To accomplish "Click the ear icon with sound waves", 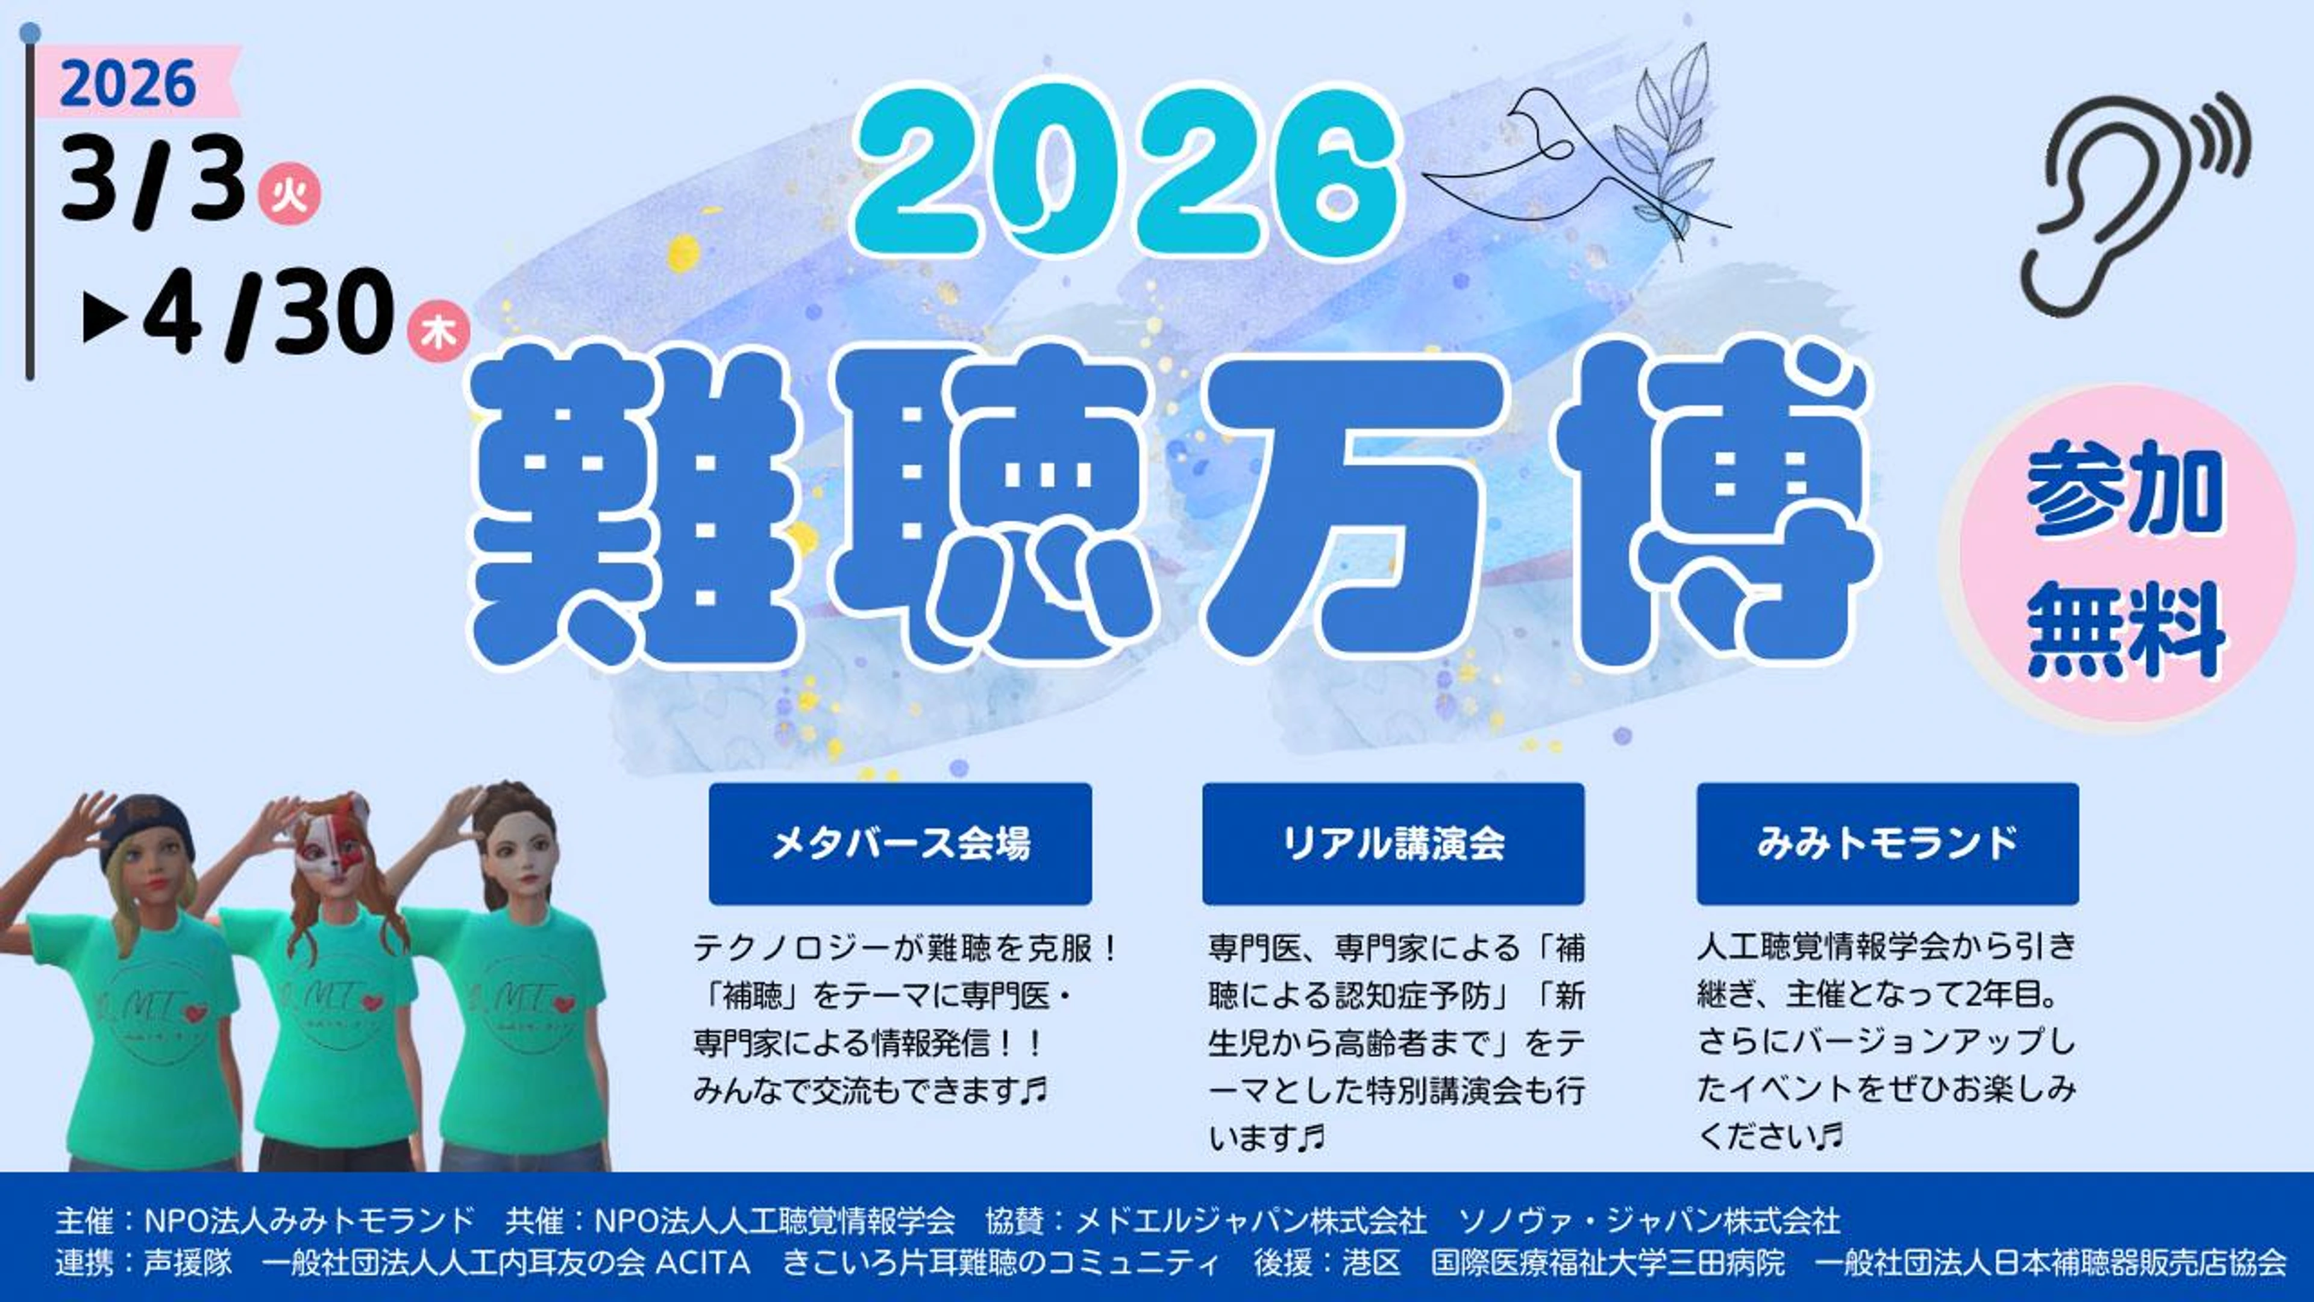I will tap(2129, 202).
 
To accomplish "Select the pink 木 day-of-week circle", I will tap(438, 333).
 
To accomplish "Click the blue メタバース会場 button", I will tap(900, 843).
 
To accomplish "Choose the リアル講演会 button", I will tap(1393, 843).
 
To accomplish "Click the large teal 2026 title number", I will tap(1127, 171).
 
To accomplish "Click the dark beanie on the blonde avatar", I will tap(144, 826).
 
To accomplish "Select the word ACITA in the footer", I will tap(703, 1262).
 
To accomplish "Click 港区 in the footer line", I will tap(1372, 1262).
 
